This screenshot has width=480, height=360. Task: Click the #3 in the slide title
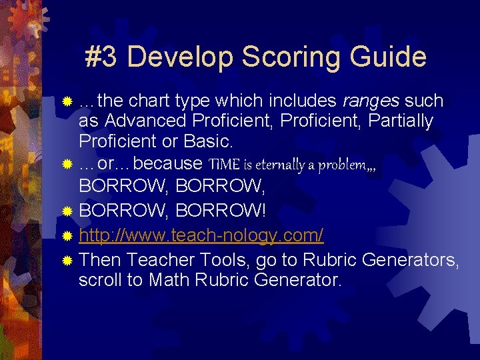click(102, 57)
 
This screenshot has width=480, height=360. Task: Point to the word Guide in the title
click(389, 57)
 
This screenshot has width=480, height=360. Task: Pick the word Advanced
click(145, 121)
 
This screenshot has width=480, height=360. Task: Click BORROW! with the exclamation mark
click(221, 211)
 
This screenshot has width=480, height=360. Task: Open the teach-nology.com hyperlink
click(201, 235)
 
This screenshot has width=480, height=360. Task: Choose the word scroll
click(101, 280)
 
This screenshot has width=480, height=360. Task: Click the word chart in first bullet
click(151, 101)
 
